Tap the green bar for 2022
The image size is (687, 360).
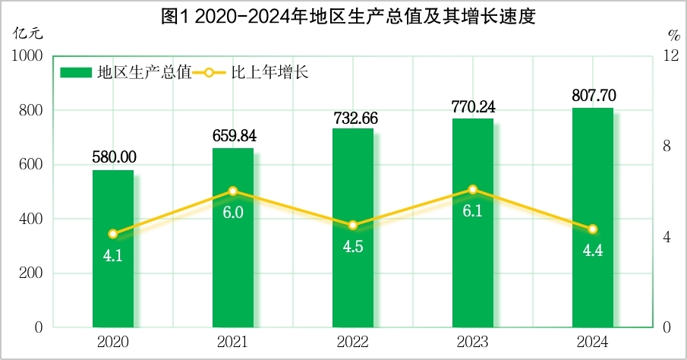pyautogui.click(x=353, y=228)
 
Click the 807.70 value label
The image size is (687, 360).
pyautogui.click(x=593, y=96)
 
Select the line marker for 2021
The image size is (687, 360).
pyautogui.click(x=233, y=191)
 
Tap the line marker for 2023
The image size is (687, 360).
pyautogui.click(x=473, y=189)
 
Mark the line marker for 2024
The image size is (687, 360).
pyautogui.click(x=593, y=229)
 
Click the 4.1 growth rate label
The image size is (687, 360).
pyautogui.click(x=113, y=255)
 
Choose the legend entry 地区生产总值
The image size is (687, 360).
pyautogui.click(x=125, y=73)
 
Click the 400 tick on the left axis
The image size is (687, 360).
pyautogui.click(x=30, y=219)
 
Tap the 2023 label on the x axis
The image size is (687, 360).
pyautogui.click(x=473, y=343)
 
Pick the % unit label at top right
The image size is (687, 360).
pyautogui.click(x=673, y=34)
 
